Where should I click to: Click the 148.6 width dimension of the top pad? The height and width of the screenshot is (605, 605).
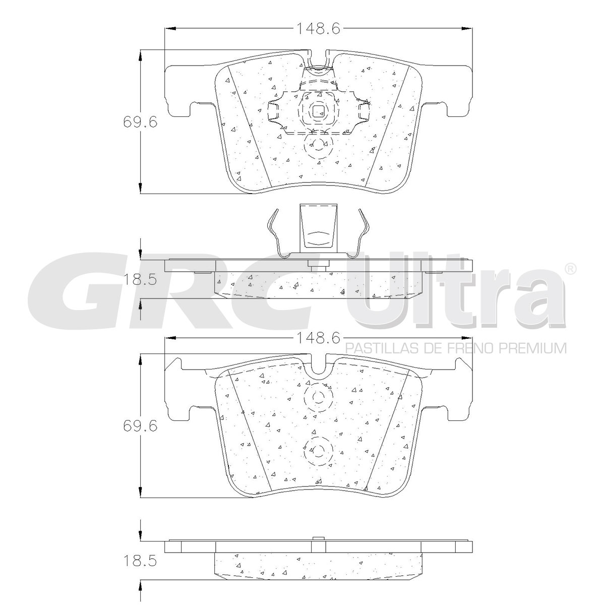(318, 29)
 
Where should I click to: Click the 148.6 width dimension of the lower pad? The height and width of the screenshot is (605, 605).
(318, 338)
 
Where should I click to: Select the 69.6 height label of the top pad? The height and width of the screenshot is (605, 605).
(140, 122)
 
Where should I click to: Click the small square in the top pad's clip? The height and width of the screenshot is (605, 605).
(319, 111)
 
